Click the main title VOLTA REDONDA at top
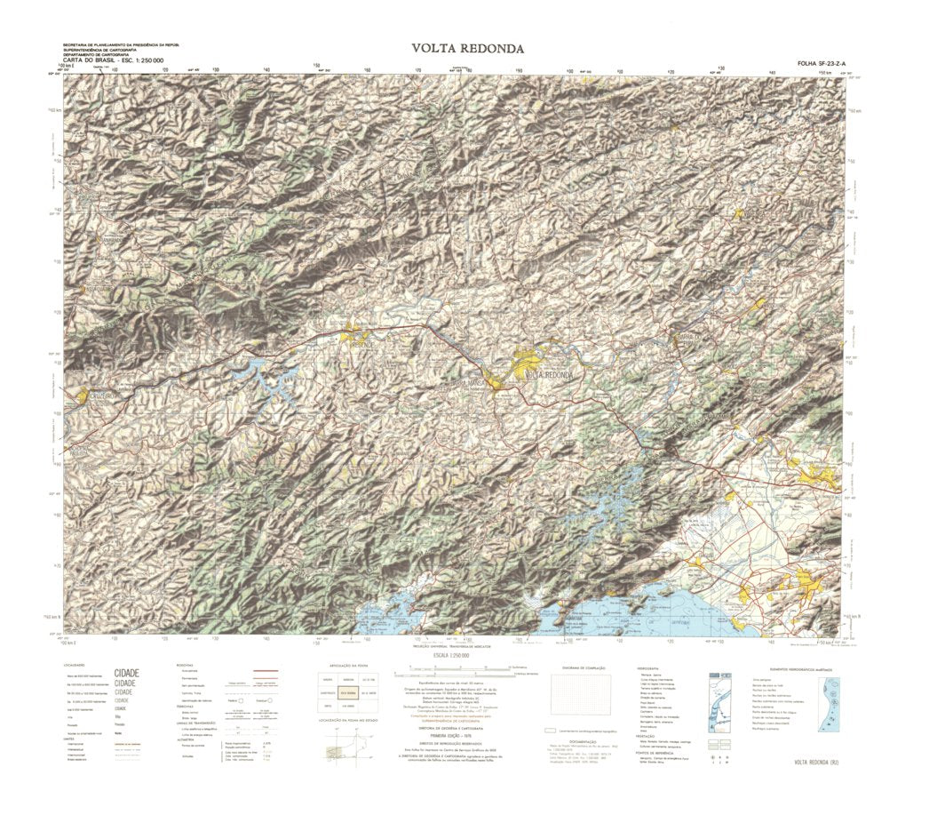[467, 48]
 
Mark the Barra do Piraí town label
[691, 343]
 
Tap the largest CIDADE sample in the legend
[127, 673]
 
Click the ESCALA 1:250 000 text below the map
[451, 655]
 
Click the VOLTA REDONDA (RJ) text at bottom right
[812, 763]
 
